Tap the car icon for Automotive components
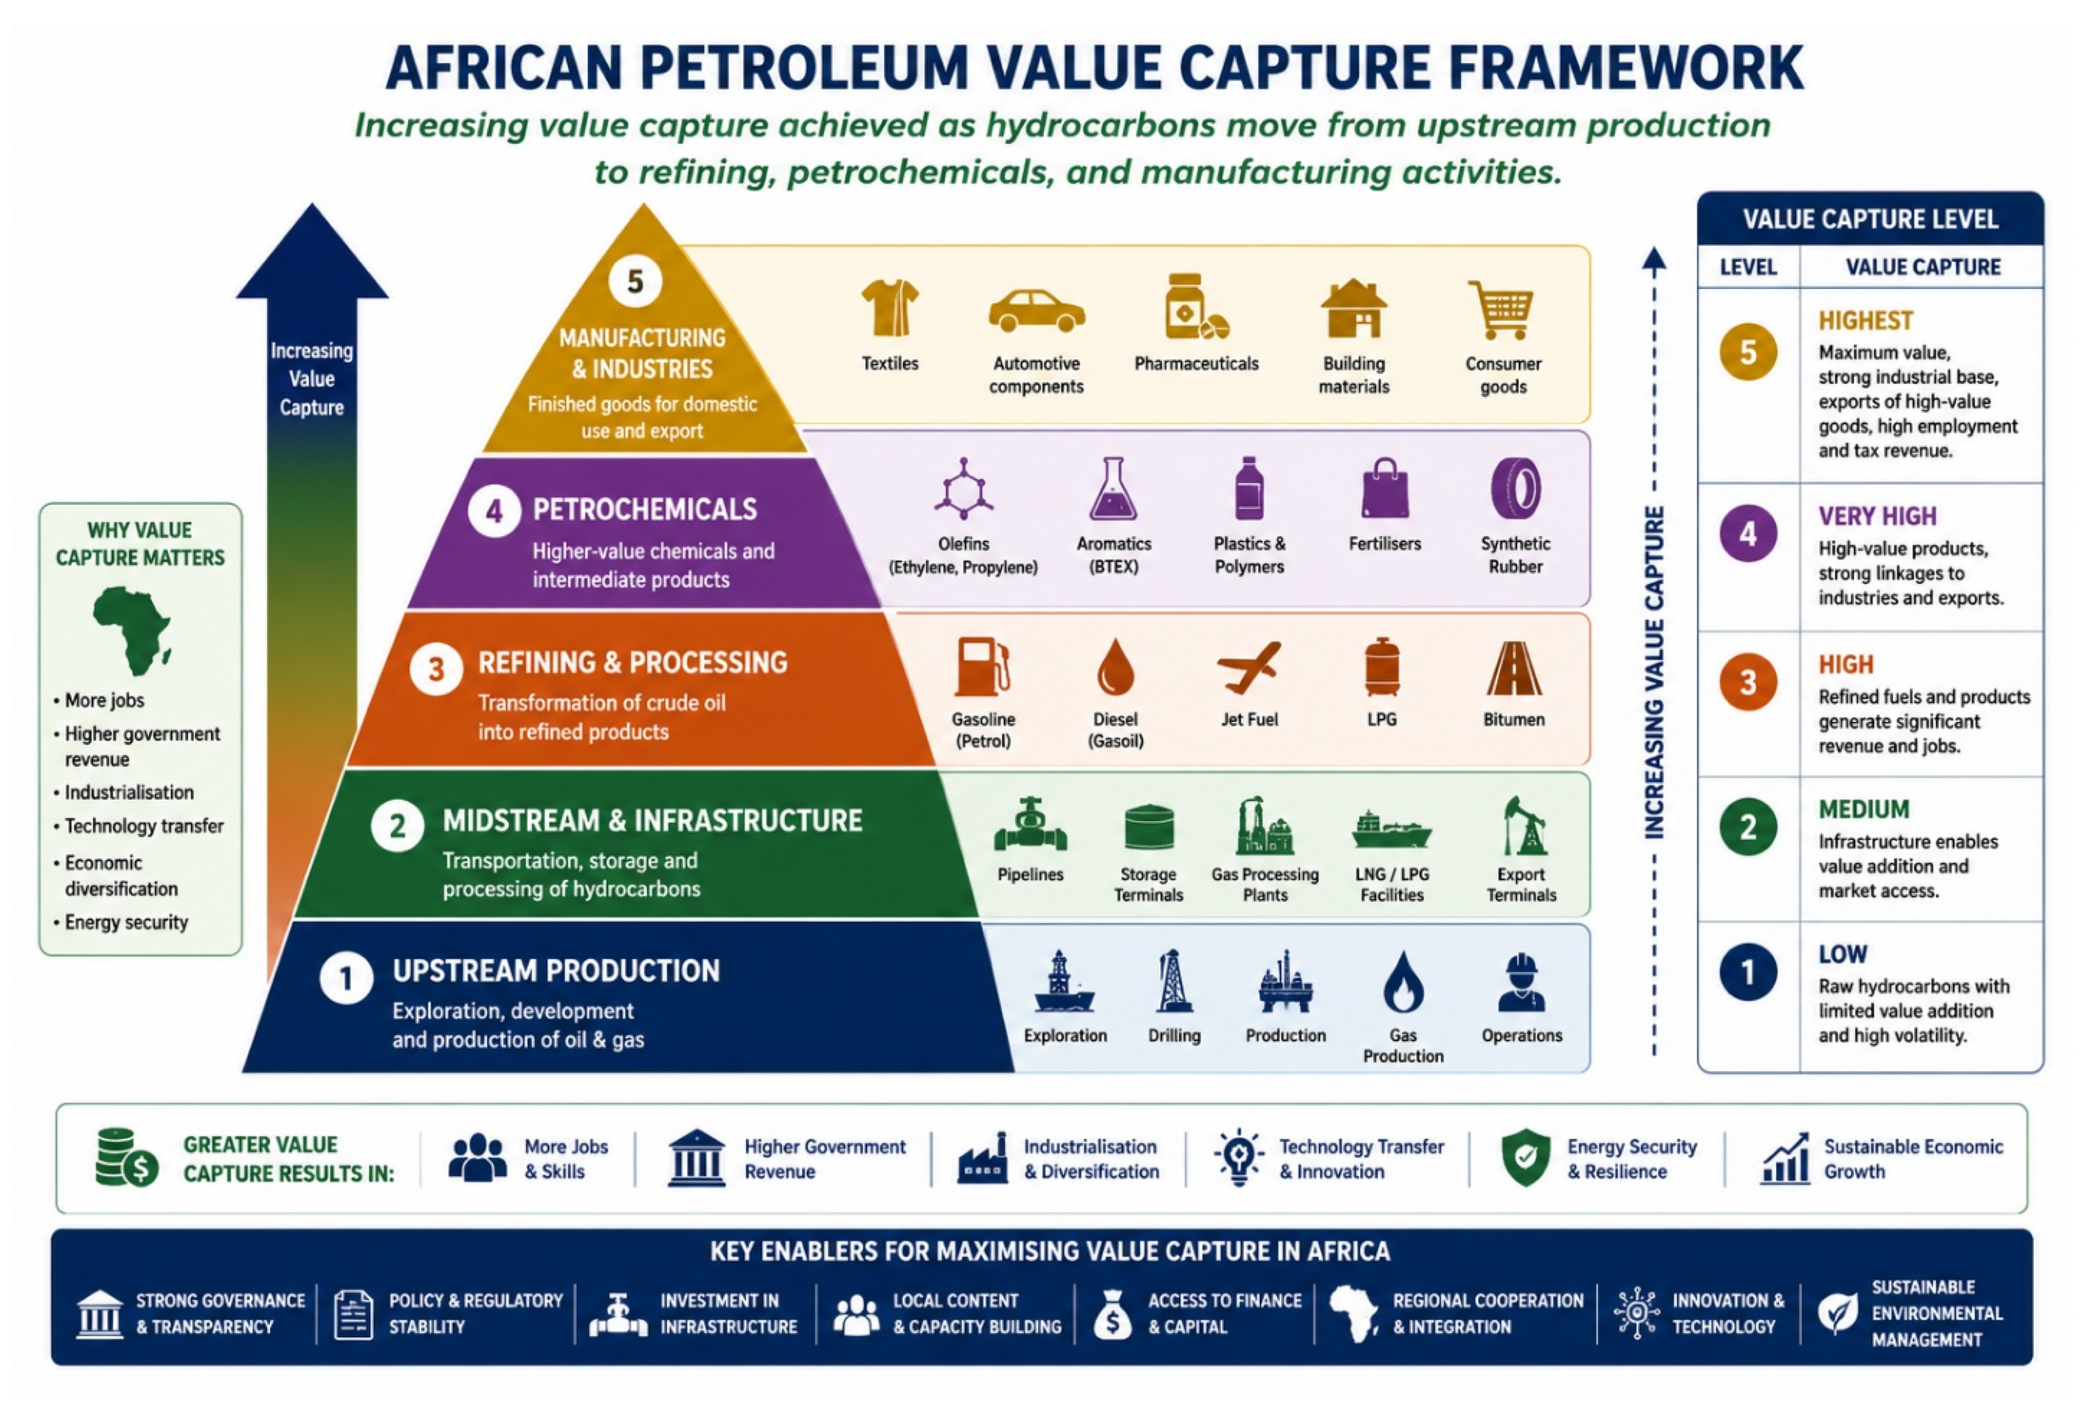(1037, 311)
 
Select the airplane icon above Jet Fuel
(1249, 668)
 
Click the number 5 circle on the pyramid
(635, 281)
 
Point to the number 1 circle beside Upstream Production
(346, 979)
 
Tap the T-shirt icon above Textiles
(889, 307)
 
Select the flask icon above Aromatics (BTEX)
(1114, 489)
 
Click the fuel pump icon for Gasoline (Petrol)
(982, 667)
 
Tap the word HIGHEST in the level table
(1865, 321)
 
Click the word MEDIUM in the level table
(1863, 809)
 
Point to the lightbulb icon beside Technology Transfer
(1239, 1157)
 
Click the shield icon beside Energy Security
(1525, 1157)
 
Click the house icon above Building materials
(1354, 308)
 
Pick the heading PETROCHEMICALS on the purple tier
(645, 509)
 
